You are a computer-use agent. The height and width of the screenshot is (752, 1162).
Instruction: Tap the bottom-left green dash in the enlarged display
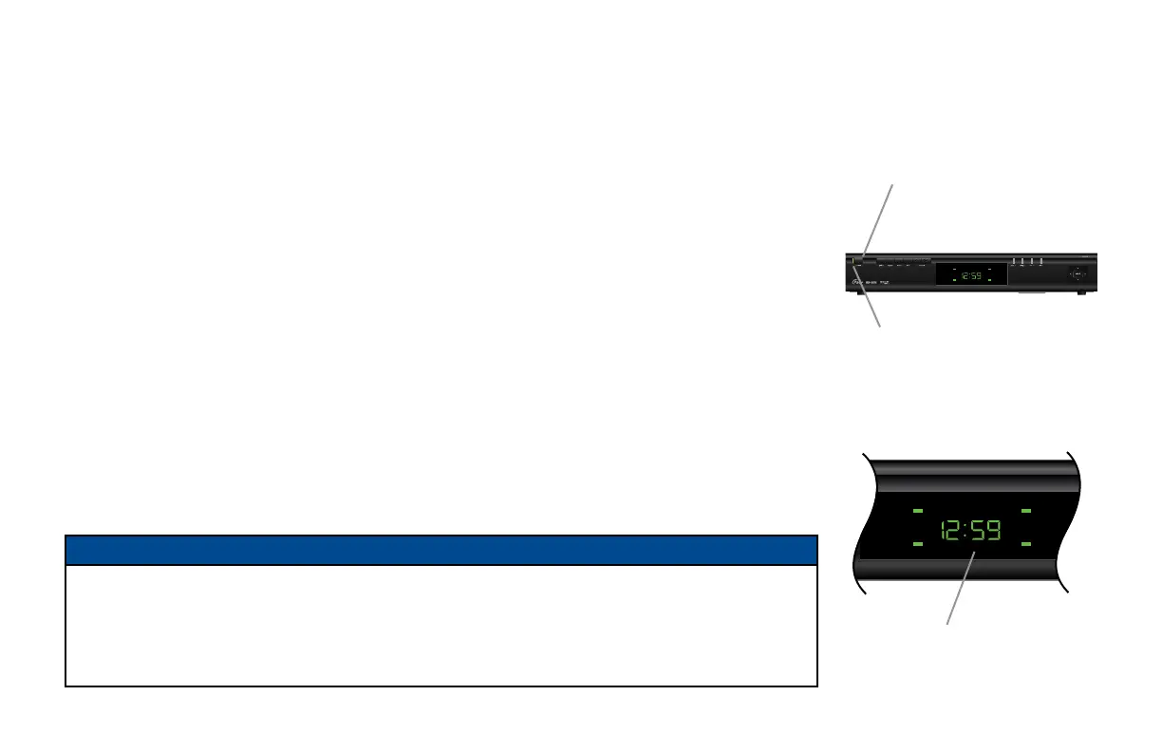tap(917, 545)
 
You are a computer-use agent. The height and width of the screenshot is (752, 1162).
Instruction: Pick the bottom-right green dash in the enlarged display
tap(1025, 545)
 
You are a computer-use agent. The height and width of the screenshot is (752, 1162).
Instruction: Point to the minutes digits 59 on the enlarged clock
tap(987, 530)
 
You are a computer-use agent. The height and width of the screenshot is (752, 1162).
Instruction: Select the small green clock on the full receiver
tap(971, 276)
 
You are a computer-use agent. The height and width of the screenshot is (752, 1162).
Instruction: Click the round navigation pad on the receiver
tap(1077, 273)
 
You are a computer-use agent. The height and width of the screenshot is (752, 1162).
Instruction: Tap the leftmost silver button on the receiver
tap(1013, 262)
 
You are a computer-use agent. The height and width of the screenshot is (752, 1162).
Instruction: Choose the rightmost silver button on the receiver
tap(1041, 262)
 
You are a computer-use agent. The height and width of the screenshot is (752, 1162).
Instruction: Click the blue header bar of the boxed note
tap(441, 550)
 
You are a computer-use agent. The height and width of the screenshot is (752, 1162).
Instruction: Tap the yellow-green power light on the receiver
tap(854, 259)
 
